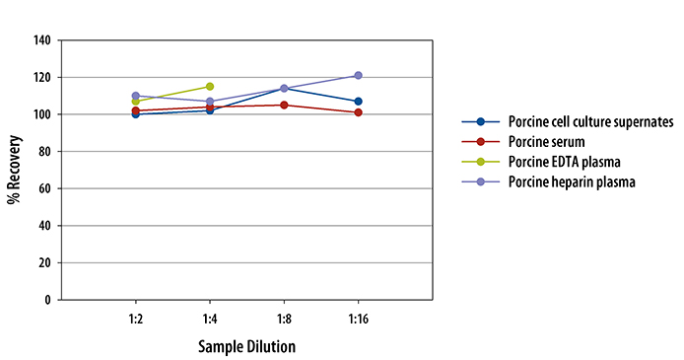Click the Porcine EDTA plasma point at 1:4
point(209,87)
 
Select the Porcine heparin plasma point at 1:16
point(358,75)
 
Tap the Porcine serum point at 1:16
point(358,112)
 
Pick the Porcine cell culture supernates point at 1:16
point(358,102)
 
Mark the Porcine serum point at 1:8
point(284,105)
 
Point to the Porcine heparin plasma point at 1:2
point(135,96)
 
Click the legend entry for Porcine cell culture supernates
point(589,122)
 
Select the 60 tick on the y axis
point(44,188)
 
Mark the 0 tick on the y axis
point(47,300)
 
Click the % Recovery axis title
point(14,170)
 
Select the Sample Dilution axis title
point(246,346)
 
